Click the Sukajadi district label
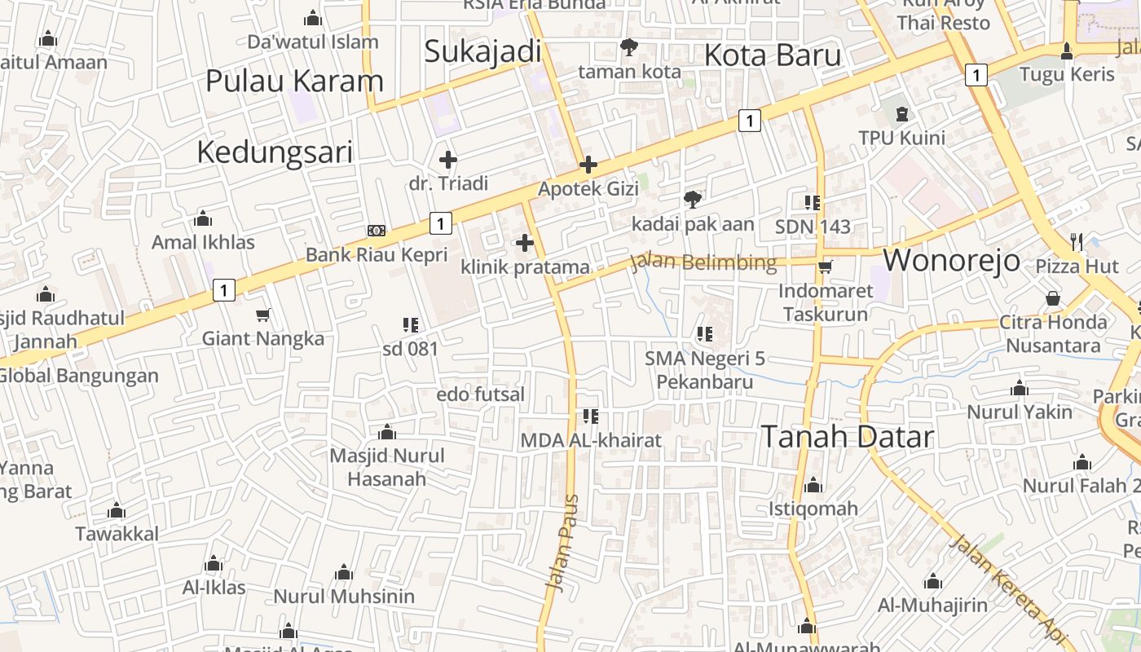click(x=482, y=51)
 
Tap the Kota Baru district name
click(x=772, y=55)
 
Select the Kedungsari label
click(x=275, y=152)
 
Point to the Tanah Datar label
click(x=847, y=437)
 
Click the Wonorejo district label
click(x=951, y=260)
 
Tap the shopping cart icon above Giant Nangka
click(x=262, y=315)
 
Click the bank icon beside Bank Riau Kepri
click(x=376, y=231)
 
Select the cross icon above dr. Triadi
click(x=447, y=160)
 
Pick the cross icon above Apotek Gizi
click(x=588, y=165)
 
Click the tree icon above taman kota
click(x=628, y=47)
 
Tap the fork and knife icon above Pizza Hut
click(x=1077, y=241)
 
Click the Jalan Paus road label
click(x=562, y=542)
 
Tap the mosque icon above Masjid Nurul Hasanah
click(x=387, y=431)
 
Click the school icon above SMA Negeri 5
click(x=705, y=333)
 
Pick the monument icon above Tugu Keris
click(x=1066, y=51)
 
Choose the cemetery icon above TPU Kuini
click(x=901, y=113)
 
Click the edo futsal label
click(x=481, y=394)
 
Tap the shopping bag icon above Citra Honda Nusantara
click(x=1053, y=298)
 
